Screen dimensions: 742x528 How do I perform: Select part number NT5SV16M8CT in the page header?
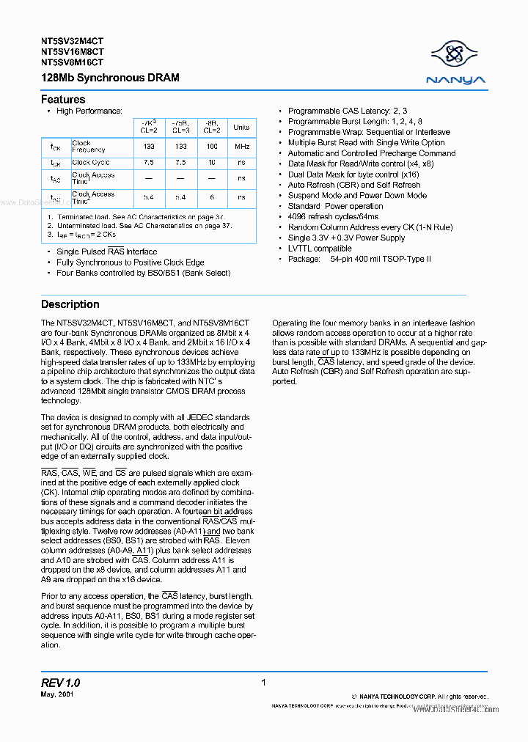pos(72,52)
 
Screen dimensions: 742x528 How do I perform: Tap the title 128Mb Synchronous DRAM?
pos(110,77)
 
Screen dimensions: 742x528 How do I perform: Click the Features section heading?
pos(63,100)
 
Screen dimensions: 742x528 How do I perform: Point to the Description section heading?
pos(70,304)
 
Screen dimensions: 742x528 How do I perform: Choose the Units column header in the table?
pos(241,127)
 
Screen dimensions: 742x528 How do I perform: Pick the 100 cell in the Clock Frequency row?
pos(211,147)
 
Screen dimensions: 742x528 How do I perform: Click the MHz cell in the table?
pos(241,147)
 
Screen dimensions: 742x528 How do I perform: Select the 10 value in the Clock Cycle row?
pos(211,163)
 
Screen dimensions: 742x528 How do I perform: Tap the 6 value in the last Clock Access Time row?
pos(211,198)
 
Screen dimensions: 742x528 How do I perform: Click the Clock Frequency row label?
pos(88,147)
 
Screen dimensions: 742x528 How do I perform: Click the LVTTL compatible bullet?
pos(320,249)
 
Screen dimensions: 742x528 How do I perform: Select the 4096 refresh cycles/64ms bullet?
pos(333,217)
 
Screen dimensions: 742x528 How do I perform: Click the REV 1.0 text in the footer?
pos(61,683)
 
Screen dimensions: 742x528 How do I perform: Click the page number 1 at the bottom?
pos(263,683)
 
